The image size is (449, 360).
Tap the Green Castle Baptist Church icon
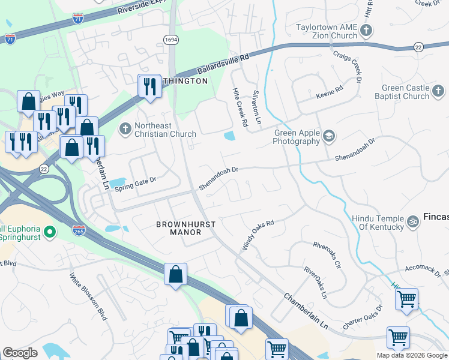(x=439, y=91)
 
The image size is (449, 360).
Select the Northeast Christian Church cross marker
(x=125, y=127)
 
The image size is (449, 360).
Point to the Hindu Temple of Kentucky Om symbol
(x=412, y=222)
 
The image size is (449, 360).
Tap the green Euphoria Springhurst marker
(x=49, y=231)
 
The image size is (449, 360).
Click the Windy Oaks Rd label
(x=258, y=235)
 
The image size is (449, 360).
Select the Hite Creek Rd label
(x=240, y=107)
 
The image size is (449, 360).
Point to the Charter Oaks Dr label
(x=363, y=319)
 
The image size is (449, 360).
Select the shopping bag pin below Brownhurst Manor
(x=175, y=275)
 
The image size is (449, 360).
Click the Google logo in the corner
(x=20, y=353)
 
